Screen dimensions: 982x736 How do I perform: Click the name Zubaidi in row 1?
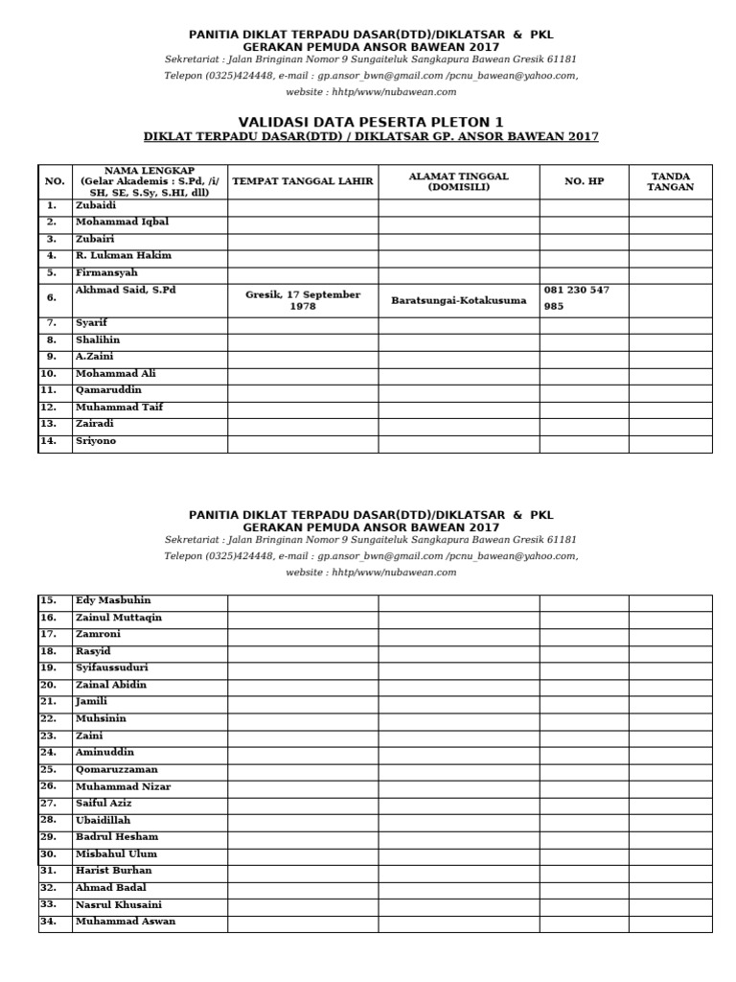click(96, 205)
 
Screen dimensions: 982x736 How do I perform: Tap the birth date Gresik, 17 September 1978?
click(303, 300)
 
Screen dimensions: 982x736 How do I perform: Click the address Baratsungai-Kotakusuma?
click(458, 300)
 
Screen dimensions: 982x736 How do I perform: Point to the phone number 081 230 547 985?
click(576, 298)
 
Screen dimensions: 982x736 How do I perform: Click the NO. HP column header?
click(584, 180)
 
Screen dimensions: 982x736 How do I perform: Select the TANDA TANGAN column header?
click(670, 181)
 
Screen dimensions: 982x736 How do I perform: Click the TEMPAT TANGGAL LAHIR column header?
click(303, 180)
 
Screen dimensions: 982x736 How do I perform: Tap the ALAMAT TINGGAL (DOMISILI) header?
click(458, 181)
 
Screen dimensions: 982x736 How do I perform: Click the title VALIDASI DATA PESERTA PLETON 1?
click(370, 121)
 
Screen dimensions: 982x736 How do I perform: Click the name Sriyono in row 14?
click(96, 441)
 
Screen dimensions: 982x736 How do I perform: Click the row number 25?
click(49, 769)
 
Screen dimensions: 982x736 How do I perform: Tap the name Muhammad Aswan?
click(125, 922)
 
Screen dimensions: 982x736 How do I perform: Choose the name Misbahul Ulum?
click(116, 853)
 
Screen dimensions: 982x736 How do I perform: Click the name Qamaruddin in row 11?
click(108, 390)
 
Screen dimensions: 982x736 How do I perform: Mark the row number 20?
click(49, 685)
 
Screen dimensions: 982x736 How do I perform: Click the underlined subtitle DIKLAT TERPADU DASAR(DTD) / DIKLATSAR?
click(370, 137)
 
